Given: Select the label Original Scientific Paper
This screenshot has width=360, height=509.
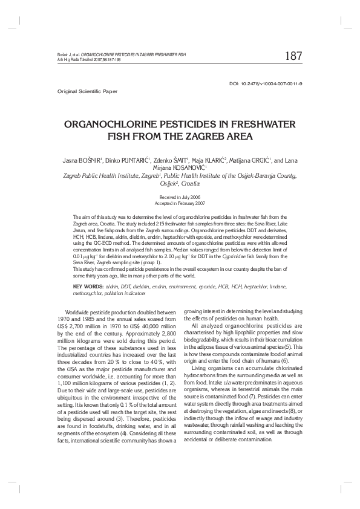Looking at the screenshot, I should pos(87,91).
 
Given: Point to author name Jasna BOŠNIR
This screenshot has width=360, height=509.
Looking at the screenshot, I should pos(83,161).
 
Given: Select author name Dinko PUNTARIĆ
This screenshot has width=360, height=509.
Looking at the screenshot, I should pos(125,161).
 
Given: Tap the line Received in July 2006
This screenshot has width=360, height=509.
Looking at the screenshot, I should pos(180,198).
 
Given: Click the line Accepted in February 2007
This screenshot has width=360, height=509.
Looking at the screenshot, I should pos(180,203).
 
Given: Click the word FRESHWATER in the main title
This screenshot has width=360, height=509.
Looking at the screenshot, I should pos(254,125).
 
